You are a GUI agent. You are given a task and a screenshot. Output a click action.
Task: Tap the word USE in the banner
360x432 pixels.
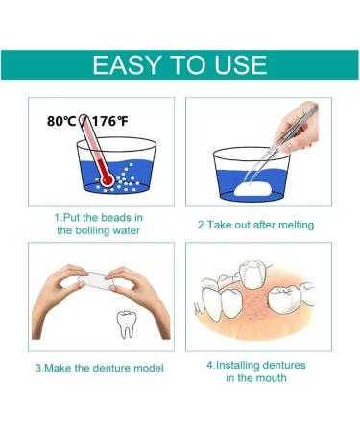(x=235, y=65)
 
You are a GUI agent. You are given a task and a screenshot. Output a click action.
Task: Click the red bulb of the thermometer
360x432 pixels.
(x=106, y=180)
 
